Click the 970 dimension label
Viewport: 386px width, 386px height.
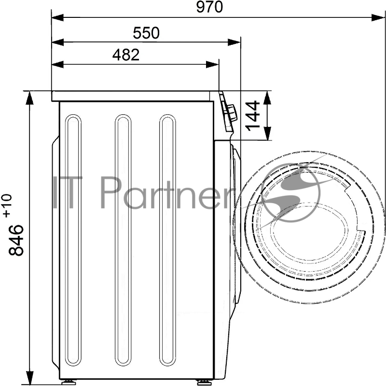[209, 7]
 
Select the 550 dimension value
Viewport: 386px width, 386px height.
[146, 33]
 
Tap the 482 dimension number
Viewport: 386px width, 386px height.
[126, 55]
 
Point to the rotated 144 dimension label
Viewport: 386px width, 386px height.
[253, 115]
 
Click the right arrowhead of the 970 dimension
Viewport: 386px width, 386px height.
[378, 17]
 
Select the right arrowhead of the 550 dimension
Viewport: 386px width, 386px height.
[234, 42]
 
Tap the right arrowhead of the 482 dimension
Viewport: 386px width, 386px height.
[212, 65]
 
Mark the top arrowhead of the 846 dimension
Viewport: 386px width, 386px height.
[29, 97]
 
